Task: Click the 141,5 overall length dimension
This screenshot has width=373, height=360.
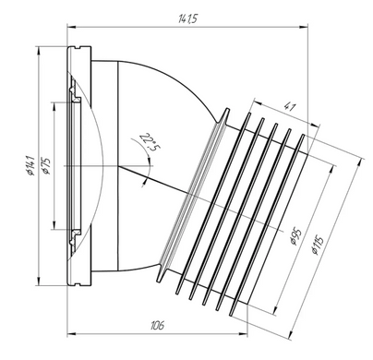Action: [187, 19]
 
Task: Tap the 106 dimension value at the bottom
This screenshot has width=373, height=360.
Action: [157, 325]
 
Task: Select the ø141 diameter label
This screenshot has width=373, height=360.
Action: [30, 166]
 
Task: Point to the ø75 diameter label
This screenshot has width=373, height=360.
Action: [47, 166]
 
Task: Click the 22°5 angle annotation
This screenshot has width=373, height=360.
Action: [150, 143]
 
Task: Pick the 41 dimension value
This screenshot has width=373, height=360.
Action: [289, 108]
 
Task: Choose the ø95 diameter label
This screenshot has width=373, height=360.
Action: [295, 237]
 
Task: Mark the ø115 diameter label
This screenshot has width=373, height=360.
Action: [317, 245]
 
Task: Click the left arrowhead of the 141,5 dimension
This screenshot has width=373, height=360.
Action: [71, 27]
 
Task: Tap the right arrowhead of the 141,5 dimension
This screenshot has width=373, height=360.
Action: [304, 27]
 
